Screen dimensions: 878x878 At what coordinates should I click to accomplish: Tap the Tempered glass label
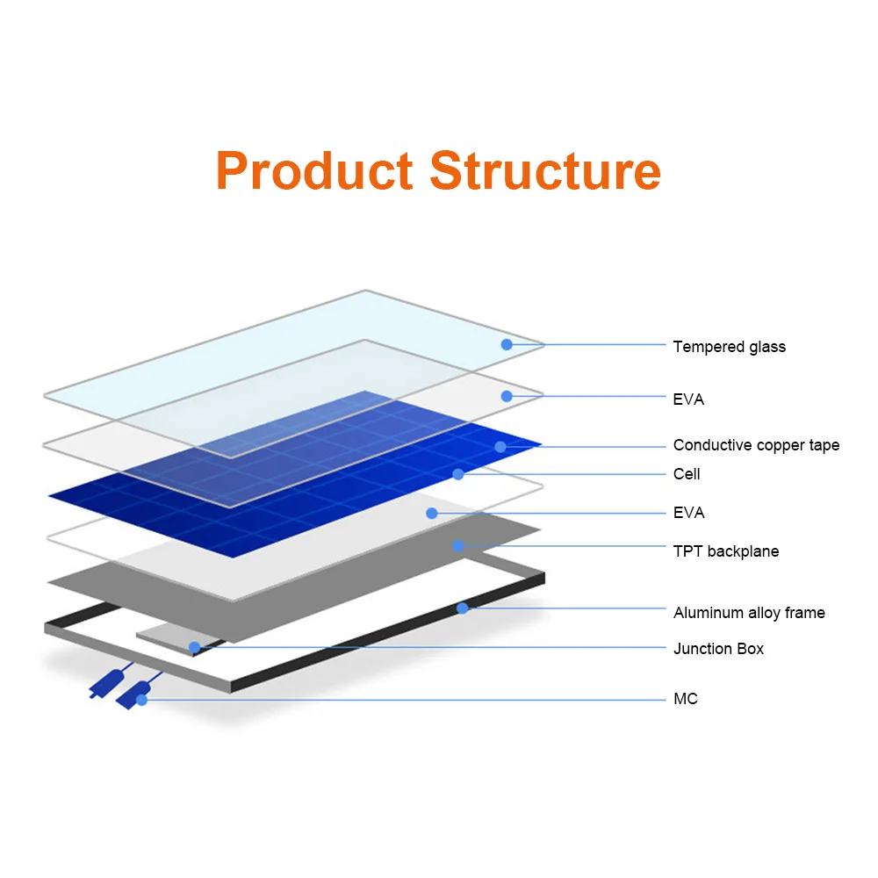coord(729,347)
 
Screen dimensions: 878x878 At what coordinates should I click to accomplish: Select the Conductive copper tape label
coord(756,445)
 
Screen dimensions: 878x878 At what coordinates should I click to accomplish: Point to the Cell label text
coord(687,474)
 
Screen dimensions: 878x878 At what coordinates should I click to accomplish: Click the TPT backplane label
coord(725,551)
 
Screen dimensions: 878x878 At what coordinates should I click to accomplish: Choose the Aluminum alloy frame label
coord(749,613)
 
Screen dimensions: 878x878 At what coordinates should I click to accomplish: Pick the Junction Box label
coord(718,649)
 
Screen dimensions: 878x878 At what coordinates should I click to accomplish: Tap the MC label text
coord(685,699)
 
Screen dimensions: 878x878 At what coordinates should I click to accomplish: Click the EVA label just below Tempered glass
coord(688,399)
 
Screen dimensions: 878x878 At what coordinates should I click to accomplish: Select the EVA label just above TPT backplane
coord(688,513)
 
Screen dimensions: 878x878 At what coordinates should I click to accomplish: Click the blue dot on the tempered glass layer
coord(507,344)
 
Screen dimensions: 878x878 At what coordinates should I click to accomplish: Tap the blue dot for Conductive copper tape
coord(500,446)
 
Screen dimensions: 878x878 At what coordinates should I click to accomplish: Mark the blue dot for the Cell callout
coord(458,474)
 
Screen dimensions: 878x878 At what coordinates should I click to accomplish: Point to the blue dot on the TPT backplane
coord(458,546)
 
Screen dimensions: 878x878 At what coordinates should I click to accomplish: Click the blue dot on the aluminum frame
coord(463,608)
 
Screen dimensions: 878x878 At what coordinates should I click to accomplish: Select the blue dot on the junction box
coord(195,648)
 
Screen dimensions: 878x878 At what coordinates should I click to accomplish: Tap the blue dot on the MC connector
coord(140,699)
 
